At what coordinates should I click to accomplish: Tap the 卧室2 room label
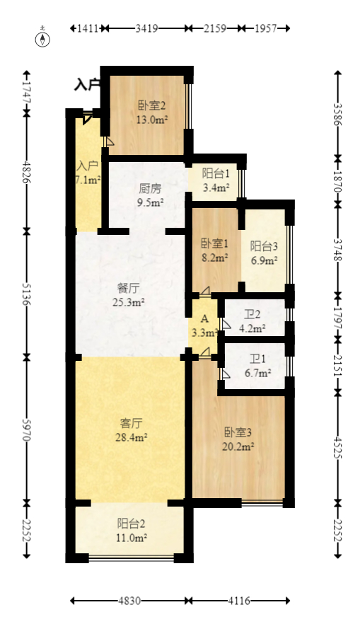(151, 107)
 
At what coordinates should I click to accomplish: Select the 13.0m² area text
(151, 120)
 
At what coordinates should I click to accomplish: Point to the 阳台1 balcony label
(215, 173)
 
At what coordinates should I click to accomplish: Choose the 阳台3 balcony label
(263, 246)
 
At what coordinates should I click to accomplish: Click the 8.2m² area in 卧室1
(214, 258)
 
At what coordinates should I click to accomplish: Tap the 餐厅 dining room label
(129, 289)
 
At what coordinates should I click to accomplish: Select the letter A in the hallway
(204, 319)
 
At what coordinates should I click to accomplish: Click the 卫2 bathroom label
(252, 315)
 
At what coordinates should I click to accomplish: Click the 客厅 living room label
(132, 423)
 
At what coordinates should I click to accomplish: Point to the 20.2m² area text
(239, 446)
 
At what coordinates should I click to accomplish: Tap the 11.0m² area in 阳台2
(132, 538)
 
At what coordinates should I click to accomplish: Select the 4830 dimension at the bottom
(129, 601)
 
